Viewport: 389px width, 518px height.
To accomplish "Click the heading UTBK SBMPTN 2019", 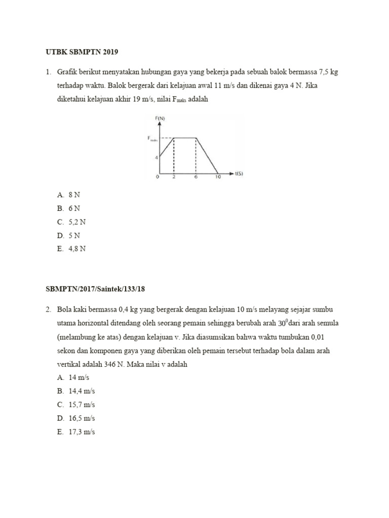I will click(82, 53).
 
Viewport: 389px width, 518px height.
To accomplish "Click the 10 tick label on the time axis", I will click(217, 178).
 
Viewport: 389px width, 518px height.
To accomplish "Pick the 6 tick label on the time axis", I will click(196, 178).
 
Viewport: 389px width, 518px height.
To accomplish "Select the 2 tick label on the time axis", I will click(174, 178).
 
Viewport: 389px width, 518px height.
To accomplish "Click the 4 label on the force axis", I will click(157, 157).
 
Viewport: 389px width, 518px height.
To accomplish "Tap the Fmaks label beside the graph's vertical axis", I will click(152, 138).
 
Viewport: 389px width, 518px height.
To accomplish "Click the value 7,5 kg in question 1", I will click(328, 72).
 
